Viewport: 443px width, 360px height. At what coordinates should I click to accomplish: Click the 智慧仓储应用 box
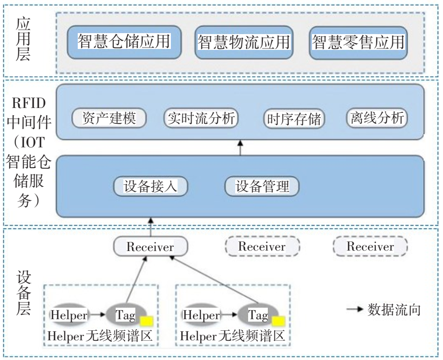click(x=123, y=42)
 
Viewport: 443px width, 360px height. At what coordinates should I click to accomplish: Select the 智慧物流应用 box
click(x=243, y=42)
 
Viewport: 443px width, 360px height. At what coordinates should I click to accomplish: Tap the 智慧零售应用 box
click(x=358, y=42)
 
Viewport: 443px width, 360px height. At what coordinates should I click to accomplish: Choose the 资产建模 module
click(x=108, y=118)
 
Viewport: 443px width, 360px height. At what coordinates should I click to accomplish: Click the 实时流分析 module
click(x=201, y=118)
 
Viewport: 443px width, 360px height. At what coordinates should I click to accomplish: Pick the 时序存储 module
click(x=295, y=118)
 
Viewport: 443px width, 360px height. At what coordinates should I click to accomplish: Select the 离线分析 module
click(x=376, y=118)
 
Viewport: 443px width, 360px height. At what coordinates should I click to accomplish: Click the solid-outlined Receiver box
click(x=150, y=247)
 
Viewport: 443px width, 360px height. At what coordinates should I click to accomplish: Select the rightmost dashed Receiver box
click(x=370, y=247)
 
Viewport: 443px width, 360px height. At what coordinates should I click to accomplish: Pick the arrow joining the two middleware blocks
click(x=240, y=147)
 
